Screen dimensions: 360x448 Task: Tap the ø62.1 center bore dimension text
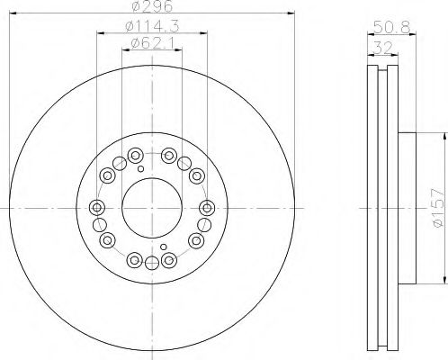pos(151,43)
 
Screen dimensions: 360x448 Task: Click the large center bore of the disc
pos(152,207)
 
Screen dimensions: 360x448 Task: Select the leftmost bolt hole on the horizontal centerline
pos(97,207)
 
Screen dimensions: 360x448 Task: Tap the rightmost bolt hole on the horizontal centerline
pos(207,207)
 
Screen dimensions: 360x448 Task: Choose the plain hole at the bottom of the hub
pos(151,262)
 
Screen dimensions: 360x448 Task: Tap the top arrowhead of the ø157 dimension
pos(444,135)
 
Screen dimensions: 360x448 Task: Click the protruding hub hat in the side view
pos(408,207)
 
